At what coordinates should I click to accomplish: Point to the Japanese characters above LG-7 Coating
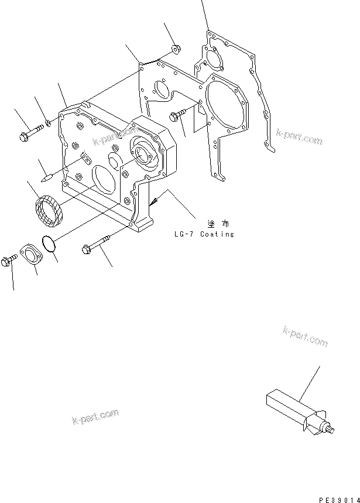215,224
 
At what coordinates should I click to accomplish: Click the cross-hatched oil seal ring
47,209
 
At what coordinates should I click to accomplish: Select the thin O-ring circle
52,244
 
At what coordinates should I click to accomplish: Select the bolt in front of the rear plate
176,115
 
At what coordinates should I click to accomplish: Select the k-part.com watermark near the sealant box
304,337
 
